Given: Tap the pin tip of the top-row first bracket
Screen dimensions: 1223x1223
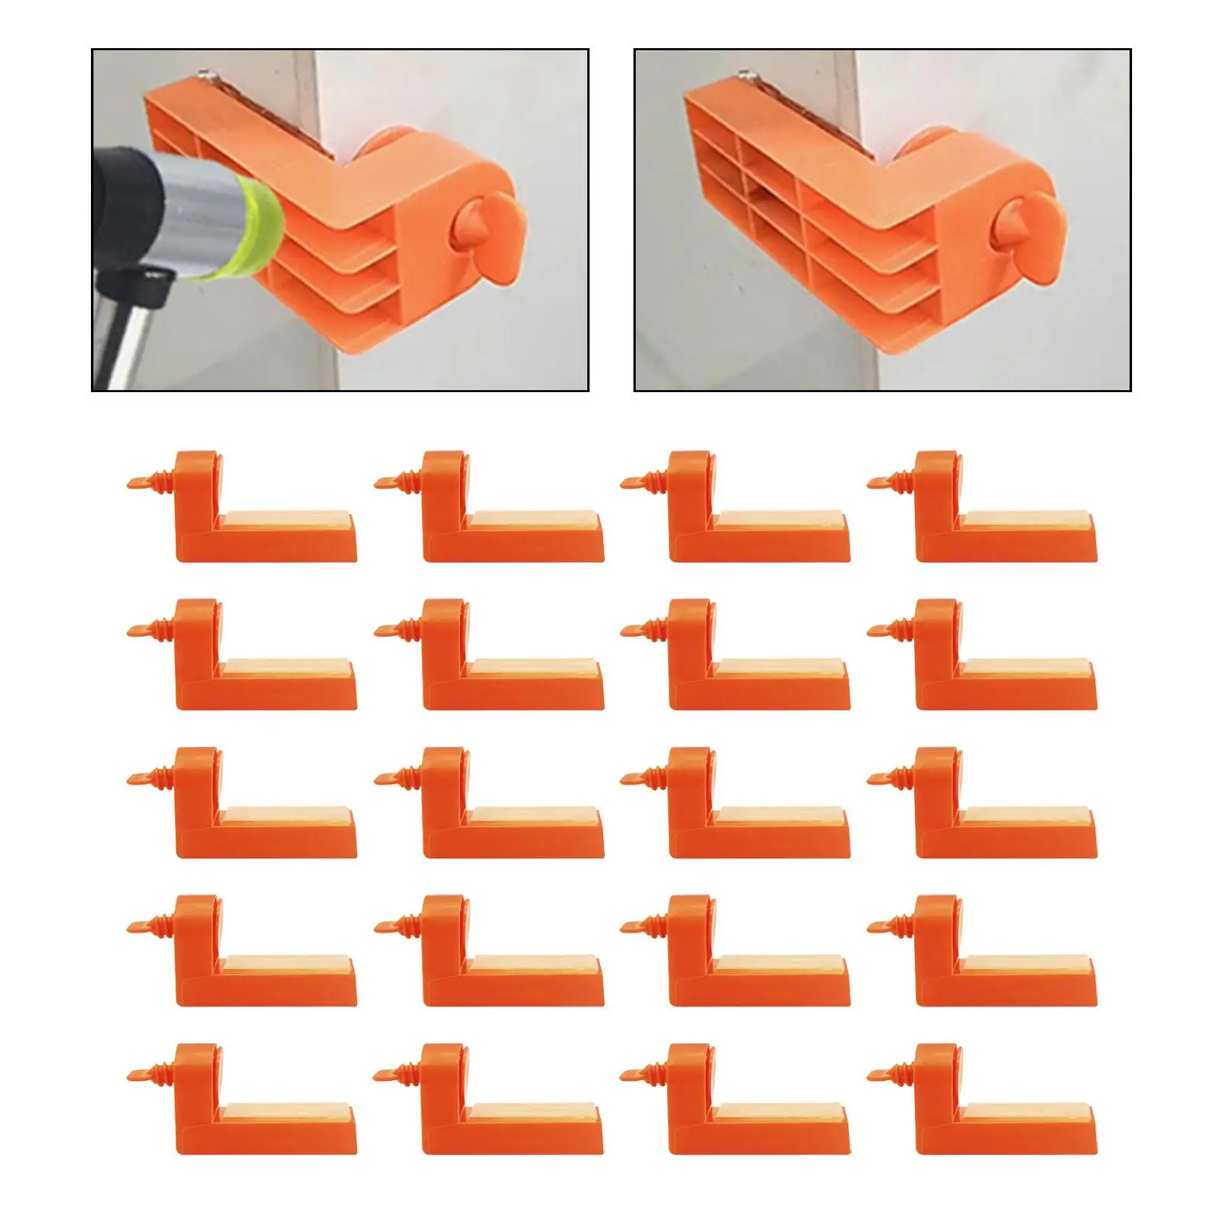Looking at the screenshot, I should [x=138, y=482].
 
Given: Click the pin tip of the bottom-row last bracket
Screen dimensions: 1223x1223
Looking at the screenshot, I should [x=878, y=1074].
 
